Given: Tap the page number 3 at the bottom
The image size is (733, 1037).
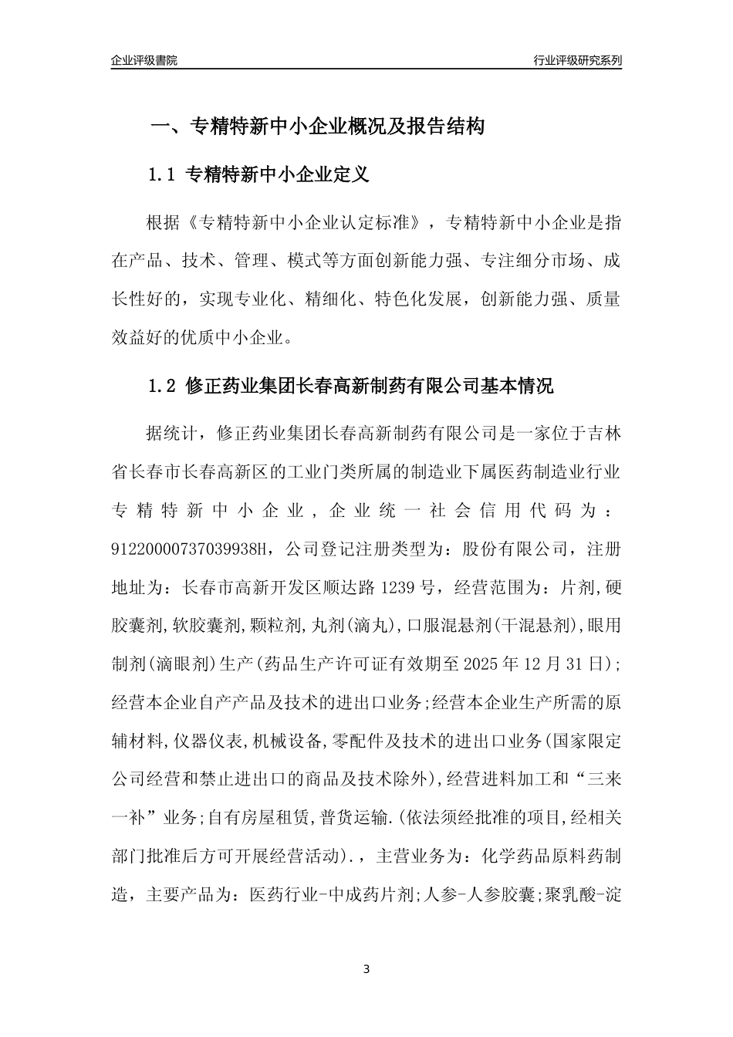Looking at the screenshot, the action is point(366,968).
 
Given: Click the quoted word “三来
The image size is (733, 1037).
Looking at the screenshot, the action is point(596,779).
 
